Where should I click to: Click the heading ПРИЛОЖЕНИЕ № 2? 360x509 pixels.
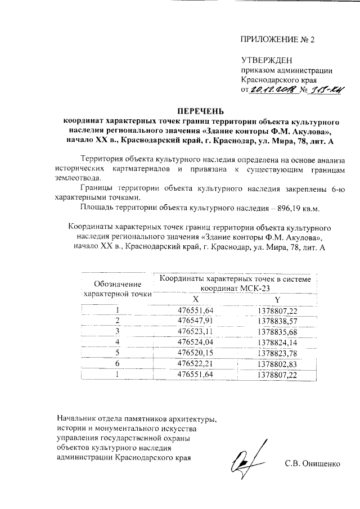coord(278,40)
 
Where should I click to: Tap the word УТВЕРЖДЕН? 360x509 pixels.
coord(267,60)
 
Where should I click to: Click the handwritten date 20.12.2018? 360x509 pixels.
coord(273,89)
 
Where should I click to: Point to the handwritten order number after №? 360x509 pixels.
coord(328,89)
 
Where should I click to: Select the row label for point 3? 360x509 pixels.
coord(118,331)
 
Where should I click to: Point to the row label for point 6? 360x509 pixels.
coord(118,363)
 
